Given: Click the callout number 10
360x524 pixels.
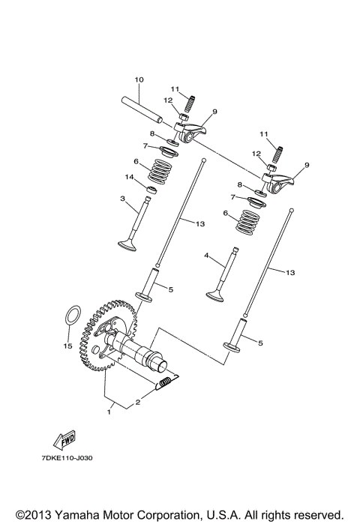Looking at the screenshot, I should click(x=139, y=79).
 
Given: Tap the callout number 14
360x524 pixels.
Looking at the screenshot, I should click(x=129, y=178).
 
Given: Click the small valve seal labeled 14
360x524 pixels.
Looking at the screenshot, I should click(x=150, y=190).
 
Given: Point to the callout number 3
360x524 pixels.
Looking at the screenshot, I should click(x=121, y=199).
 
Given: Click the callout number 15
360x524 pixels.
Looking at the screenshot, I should click(x=66, y=346).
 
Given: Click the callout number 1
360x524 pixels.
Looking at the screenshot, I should click(x=110, y=411).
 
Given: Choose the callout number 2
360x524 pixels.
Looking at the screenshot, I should click(x=137, y=403).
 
